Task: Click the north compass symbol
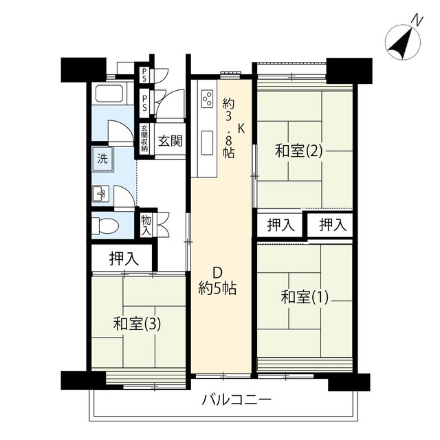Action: pos(403,41)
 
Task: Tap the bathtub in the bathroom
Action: pos(109,93)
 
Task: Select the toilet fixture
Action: pos(105,226)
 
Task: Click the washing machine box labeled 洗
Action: pos(102,159)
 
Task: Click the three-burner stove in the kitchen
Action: pos(208,99)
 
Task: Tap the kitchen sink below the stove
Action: pos(208,142)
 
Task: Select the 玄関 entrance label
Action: pos(170,141)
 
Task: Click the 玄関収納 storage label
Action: pos(144,138)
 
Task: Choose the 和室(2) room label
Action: pos(299,151)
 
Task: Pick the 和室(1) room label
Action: pos(305,297)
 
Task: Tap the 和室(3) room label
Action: pos(137,324)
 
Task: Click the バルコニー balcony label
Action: pos(236,399)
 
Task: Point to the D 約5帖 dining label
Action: pos(217,280)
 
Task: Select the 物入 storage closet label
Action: pos(146,225)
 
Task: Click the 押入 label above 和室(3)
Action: pos(124,258)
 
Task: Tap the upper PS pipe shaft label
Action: pos(144,75)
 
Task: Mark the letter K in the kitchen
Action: pos(241,129)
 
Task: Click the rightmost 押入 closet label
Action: pos(333,225)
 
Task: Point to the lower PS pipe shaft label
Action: pos(145,102)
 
